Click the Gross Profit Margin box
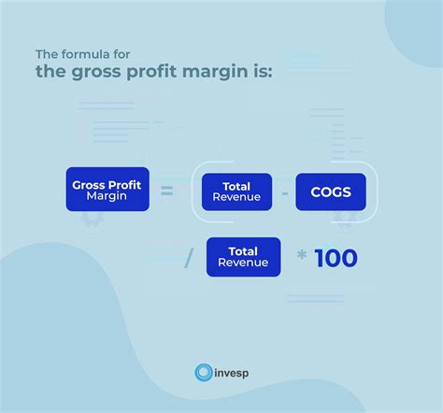point(107,189)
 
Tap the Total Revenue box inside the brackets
point(236,192)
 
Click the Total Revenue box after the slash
point(243,257)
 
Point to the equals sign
point(166,192)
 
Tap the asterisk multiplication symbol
point(301,254)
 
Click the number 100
point(336,258)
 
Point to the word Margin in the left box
point(107,196)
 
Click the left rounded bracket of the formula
point(196,192)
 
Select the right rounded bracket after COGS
point(372,192)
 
